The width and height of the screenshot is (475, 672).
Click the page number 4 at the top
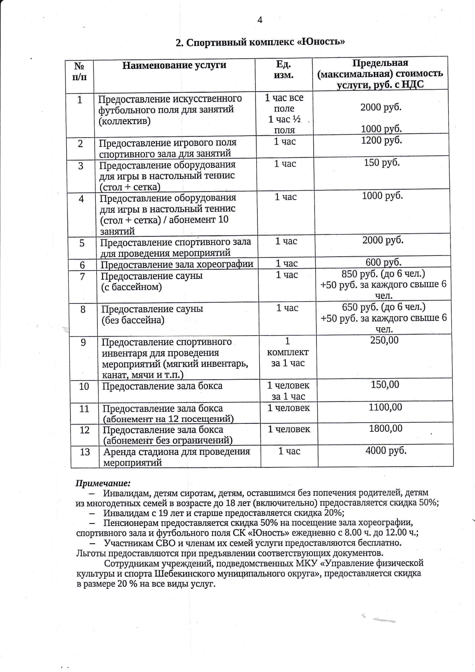(260, 20)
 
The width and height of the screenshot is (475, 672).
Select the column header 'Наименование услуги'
(174, 65)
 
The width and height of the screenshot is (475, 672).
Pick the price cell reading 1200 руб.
(382, 140)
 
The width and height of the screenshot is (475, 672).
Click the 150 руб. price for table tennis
(382, 162)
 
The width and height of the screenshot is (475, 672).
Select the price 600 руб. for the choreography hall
(383, 262)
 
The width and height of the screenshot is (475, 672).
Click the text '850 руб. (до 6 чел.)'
(383, 274)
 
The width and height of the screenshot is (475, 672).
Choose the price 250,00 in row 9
(384, 340)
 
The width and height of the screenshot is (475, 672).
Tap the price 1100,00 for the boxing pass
(385, 407)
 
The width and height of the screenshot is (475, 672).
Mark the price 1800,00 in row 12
(386, 428)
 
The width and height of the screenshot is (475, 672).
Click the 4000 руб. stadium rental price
(386, 451)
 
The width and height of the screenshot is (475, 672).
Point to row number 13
(85, 452)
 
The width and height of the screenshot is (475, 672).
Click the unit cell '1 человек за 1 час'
(288, 391)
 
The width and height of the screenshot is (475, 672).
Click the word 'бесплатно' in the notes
(379, 543)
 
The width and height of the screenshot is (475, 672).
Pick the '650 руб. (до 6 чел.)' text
(383, 307)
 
